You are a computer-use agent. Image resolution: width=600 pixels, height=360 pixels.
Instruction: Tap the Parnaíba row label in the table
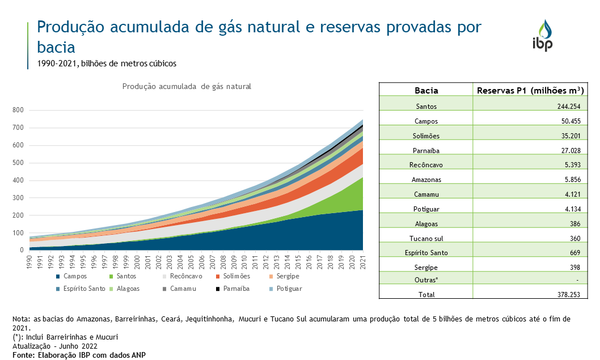click(426, 151)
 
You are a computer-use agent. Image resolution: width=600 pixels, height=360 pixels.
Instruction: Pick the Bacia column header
click(426, 90)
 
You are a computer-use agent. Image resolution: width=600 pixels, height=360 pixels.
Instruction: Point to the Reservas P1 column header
click(530, 90)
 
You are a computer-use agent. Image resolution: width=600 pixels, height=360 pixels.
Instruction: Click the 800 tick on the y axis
click(19, 111)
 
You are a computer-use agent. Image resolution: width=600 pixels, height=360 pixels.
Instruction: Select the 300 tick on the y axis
click(19, 198)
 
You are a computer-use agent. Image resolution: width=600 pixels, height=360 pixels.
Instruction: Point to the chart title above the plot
click(187, 87)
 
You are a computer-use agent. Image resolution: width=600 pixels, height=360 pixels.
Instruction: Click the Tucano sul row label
click(426, 239)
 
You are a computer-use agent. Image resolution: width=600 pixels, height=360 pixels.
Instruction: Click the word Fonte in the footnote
click(24, 355)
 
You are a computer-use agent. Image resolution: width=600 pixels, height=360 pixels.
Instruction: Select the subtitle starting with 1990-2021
click(107, 63)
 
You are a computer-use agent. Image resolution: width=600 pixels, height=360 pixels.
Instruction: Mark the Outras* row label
click(426, 280)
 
